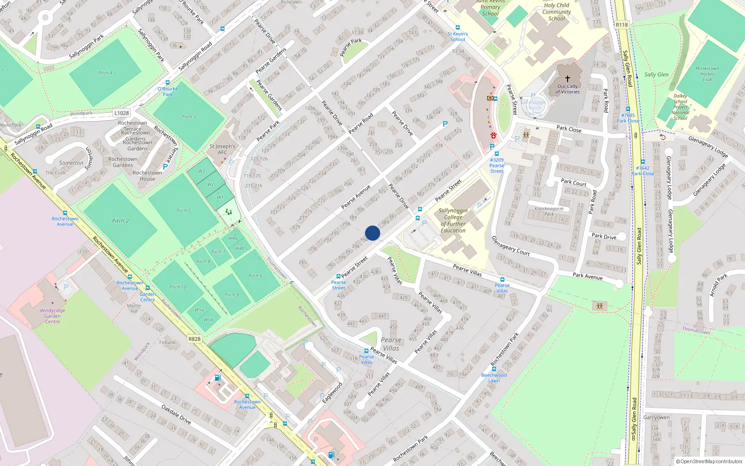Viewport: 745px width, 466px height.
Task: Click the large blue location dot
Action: point(372,233)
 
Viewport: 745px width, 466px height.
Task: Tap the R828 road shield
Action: point(195,339)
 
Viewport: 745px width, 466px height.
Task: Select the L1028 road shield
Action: point(122,113)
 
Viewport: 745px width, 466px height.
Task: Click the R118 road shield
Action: point(622,25)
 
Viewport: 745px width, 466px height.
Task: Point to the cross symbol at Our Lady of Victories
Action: point(567,79)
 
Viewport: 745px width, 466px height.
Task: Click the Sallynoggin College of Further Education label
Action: point(453,220)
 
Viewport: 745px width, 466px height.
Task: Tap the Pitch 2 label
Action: point(120,221)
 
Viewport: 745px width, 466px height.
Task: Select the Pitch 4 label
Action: point(105,73)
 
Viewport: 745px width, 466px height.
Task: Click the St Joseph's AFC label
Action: point(223,149)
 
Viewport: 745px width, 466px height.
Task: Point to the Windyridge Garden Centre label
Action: point(53,316)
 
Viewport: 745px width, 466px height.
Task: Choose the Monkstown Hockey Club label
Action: point(707,74)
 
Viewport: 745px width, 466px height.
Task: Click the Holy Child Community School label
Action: point(556,12)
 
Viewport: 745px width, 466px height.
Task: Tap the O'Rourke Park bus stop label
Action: point(168,91)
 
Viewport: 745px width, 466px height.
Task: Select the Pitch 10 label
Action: point(178,287)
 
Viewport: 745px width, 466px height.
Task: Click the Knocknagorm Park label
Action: point(549,211)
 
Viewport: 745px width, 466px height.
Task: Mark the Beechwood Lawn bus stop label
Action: point(494,377)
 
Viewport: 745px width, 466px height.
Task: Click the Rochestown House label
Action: point(147,176)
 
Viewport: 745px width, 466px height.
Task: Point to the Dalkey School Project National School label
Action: point(680,107)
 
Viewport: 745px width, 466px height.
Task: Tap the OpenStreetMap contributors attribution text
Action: point(709,461)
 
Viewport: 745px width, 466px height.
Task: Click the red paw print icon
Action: point(493,136)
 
